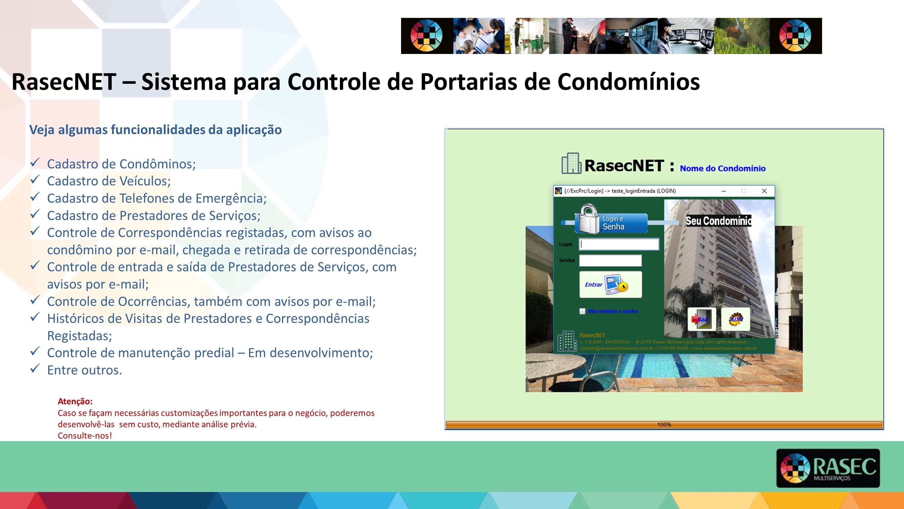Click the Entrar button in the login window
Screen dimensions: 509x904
610,284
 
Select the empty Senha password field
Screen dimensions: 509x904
610,260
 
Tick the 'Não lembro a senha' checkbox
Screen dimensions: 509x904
583,311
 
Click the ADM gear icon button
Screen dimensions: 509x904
736,319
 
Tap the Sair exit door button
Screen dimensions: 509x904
701,319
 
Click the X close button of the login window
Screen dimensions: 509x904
764,191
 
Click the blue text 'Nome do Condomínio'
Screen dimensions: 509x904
723,168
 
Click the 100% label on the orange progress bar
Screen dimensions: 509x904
664,424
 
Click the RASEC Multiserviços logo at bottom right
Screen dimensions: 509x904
828,468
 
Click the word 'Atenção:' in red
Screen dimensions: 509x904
75,401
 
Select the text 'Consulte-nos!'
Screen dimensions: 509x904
85,436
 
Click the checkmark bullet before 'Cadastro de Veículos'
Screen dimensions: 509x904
35,180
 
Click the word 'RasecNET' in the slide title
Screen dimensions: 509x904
64,81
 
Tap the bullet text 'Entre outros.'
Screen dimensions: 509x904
85,370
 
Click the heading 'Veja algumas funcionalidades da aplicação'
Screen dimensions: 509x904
156,130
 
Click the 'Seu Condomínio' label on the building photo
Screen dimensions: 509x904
718,221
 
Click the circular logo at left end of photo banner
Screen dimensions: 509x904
427,35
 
